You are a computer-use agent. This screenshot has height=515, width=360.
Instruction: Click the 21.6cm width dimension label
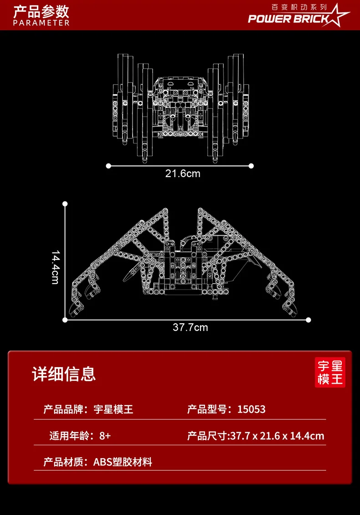click(182, 173)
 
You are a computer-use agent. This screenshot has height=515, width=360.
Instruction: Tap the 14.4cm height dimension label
click(56, 267)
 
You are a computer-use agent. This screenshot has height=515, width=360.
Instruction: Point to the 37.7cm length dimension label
click(190, 327)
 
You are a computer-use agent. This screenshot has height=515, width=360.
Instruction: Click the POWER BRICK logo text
click(288, 19)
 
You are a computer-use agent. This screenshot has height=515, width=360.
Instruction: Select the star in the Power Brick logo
click(336, 16)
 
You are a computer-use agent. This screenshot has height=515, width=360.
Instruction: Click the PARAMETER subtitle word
click(41, 23)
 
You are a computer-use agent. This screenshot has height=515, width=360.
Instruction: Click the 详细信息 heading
click(64, 374)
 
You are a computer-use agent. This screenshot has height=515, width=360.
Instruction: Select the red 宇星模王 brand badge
click(330, 372)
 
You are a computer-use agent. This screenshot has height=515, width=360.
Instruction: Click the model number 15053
click(251, 409)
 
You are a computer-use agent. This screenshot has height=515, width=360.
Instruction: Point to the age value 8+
click(105, 436)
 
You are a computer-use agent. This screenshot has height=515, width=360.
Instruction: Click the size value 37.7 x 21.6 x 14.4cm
click(277, 436)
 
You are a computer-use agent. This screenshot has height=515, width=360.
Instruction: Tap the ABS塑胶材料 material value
click(123, 462)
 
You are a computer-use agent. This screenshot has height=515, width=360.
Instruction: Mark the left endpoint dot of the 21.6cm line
click(108, 166)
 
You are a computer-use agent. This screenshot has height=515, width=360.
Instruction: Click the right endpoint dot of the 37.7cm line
click(309, 320)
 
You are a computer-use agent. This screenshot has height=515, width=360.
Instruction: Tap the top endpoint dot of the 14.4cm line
click(65, 204)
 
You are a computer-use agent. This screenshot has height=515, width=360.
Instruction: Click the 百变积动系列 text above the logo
click(299, 7)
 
